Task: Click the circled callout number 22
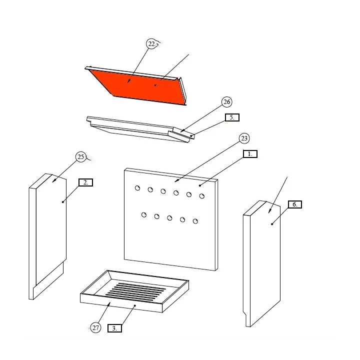151,44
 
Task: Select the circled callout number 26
226,102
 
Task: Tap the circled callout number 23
244,138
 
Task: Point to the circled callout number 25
81,157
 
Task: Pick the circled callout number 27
95,328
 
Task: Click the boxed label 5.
232,117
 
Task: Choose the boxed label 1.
250,154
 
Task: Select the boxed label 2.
85,182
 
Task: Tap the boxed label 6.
294,204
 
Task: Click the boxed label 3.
114,328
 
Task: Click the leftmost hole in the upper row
137,188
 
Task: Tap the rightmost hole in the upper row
202,196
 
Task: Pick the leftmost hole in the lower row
144,215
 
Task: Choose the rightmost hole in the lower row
195,221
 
